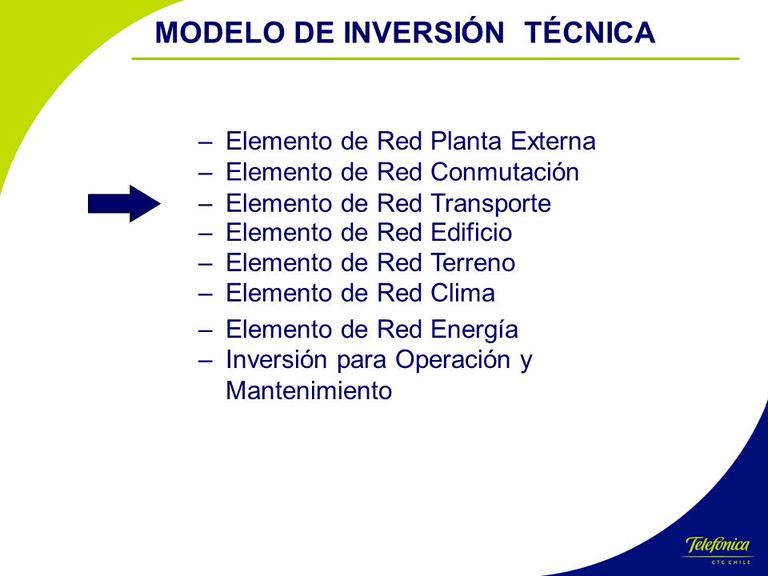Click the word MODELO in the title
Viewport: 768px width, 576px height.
coord(219,33)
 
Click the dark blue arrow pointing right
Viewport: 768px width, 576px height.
coord(125,203)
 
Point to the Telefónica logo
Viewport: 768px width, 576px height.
coord(718,545)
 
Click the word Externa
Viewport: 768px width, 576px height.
coord(553,141)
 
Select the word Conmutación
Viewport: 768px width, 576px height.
coord(505,171)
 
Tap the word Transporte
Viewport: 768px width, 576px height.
coord(490,204)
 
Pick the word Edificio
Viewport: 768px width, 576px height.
coord(471,232)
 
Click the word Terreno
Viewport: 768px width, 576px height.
coord(473,262)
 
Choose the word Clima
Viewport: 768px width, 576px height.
coord(462,293)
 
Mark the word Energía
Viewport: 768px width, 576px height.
coord(474,330)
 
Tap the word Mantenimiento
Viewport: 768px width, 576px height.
coord(309,391)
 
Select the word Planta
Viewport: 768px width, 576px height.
coord(466,141)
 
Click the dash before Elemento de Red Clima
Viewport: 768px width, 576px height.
coord(206,294)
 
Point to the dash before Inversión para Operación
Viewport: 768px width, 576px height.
coord(206,361)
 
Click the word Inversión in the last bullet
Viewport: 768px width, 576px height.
coord(277,359)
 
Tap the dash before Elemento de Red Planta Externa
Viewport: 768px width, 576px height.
coord(206,142)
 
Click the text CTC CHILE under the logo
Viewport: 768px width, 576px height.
coord(730,562)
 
